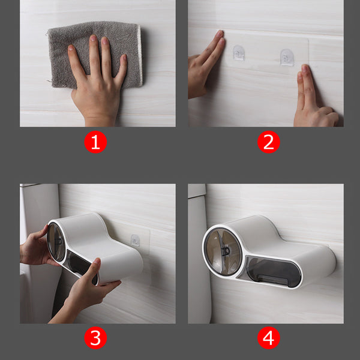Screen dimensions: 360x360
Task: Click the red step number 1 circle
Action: point(95,143)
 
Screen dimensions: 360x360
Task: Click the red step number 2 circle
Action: point(268,143)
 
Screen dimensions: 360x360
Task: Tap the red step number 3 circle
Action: point(95,338)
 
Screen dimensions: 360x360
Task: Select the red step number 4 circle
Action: point(268,338)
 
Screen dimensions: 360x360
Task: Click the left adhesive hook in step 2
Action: point(239,53)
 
